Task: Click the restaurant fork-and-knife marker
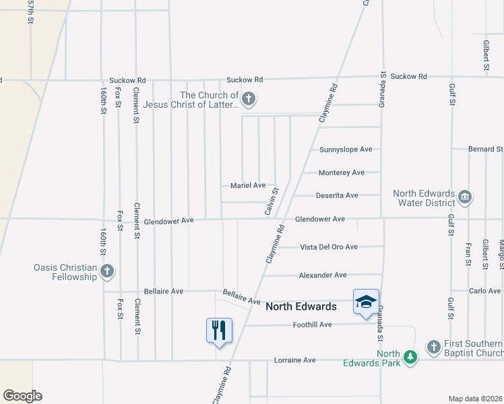coord(219,331)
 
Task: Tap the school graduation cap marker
coord(366,302)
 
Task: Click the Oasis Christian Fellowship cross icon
coord(106,272)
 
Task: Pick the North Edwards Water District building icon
coord(464,197)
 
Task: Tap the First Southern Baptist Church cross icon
coord(433,347)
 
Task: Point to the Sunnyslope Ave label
coord(346,149)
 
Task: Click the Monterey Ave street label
coord(342,172)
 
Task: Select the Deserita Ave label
coord(338,195)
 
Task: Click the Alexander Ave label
coord(323,275)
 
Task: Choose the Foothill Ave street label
coord(313,325)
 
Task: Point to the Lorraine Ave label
coord(295,360)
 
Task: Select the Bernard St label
coord(486,149)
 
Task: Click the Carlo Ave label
coord(485,291)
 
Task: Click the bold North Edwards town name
coord(301,306)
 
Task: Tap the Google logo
coord(22,396)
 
